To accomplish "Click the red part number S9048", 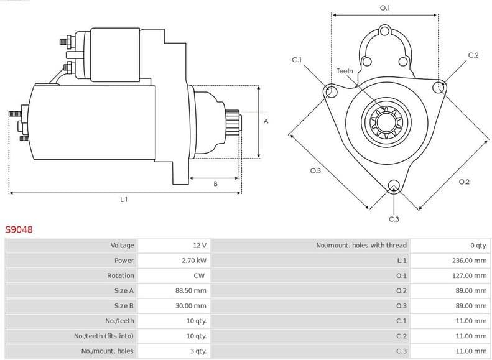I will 19,229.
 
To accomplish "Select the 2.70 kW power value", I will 194,261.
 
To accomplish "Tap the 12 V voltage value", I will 200,246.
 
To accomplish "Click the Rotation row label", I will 121,275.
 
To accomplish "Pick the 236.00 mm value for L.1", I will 470,261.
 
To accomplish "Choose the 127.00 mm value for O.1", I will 470,275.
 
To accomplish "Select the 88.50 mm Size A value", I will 191,290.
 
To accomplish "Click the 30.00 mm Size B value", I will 191,306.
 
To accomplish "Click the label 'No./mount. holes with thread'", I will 361,246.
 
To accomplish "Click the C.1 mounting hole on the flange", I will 331,92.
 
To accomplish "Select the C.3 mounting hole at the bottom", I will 393,186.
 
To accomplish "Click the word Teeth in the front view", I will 345,71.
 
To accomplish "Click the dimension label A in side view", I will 266,121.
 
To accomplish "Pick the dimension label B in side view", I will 215,183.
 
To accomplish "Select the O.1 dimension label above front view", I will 384,7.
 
